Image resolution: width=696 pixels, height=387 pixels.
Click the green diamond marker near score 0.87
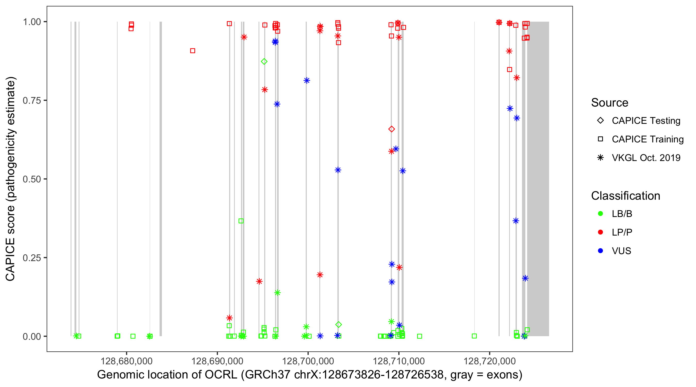tap(264, 62)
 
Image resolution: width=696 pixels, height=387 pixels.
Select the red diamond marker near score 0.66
tap(392, 129)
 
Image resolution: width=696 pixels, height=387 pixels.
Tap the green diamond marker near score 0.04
tap(338, 325)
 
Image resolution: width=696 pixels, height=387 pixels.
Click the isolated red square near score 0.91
tap(193, 51)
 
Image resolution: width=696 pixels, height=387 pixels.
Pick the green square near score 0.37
tap(241, 221)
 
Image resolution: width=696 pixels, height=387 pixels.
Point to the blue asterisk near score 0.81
tap(307, 80)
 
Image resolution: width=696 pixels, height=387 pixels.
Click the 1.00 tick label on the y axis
tap(32, 22)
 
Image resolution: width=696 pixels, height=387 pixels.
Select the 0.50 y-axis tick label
tap(32, 179)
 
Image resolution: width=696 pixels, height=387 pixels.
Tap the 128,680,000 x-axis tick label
tap(127, 361)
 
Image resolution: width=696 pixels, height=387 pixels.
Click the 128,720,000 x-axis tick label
tap(490, 361)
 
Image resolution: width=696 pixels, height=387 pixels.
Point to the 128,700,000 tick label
tap(308, 361)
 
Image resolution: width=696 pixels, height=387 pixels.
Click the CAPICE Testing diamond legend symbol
tap(601, 121)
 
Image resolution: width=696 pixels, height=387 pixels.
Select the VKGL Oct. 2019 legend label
tap(646, 158)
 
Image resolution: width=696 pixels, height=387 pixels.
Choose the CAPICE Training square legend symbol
tap(601, 139)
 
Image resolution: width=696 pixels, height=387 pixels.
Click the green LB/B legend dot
tap(601, 214)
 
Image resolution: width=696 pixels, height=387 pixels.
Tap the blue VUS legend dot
tap(601, 251)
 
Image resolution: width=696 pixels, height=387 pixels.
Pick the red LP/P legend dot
tap(601, 232)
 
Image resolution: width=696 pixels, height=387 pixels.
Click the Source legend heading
tap(610, 103)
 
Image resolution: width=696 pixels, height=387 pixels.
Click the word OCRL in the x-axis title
tap(221, 375)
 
